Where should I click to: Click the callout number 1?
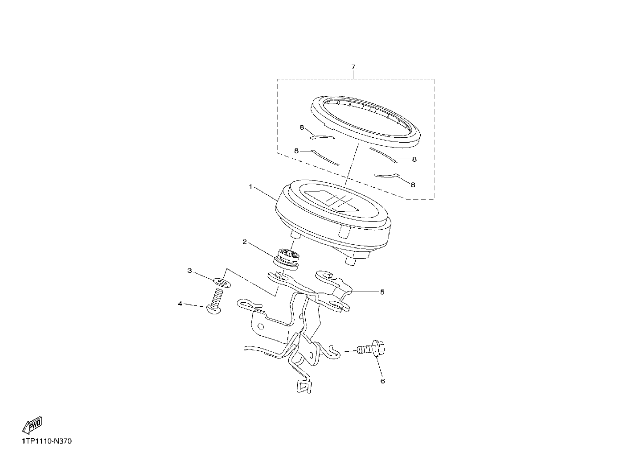coord(250,187)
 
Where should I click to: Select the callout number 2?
coord(245,242)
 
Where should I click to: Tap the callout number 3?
coord(189,271)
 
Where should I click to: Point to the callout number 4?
coord(180,304)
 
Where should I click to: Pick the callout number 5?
coord(382,292)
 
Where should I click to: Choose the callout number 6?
coord(383,381)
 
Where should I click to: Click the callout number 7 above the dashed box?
coord(353,67)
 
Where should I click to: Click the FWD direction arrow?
coord(32,425)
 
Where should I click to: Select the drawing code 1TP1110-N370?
coord(47,441)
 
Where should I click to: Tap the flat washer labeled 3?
coord(222,282)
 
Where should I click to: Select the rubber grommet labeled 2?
coord(285,259)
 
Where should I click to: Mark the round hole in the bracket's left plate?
coord(261,327)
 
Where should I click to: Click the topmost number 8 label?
coord(302,128)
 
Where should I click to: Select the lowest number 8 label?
coord(413,185)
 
